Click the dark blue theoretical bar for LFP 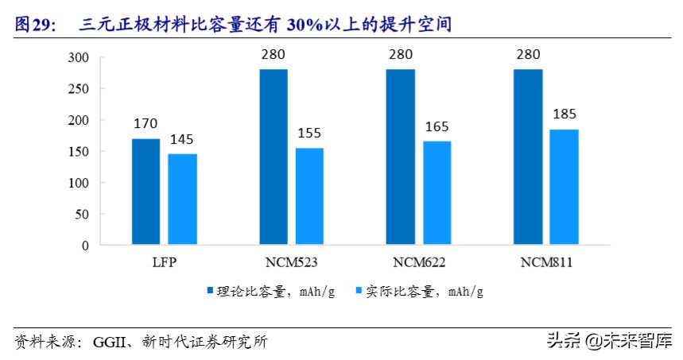click(x=146, y=192)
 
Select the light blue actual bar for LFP click(x=182, y=199)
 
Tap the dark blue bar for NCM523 click(x=273, y=157)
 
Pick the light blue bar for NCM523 click(x=309, y=196)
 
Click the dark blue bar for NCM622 click(x=400, y=157)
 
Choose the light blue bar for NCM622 click(x=437, y=193)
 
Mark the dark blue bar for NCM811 click(x=527, y=157)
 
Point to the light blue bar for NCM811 click(x=565, y=187)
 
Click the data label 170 click(x=146, y=124)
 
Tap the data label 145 click(x=182, y=140)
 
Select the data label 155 click(x=309, y=134)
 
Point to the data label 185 click(x=565, y=114)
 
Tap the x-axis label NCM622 click(x=418, y=261)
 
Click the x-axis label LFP click(x=164, y=261)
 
